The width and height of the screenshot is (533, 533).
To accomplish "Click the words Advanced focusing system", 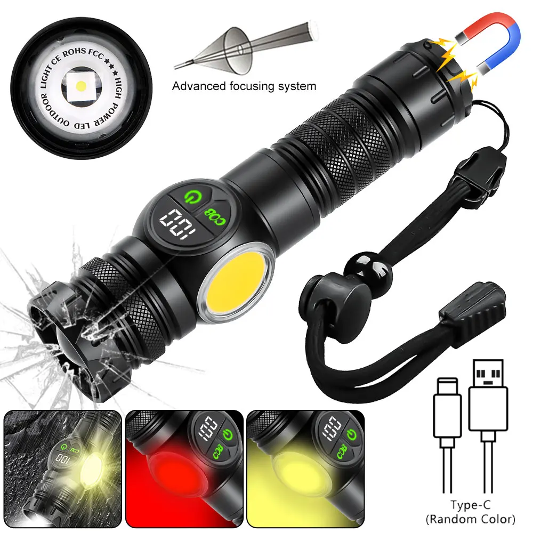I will pyautogui.click(x=244, y=86).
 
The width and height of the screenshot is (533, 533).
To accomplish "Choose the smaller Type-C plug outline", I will pyautogui.click(x=446, y=405).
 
